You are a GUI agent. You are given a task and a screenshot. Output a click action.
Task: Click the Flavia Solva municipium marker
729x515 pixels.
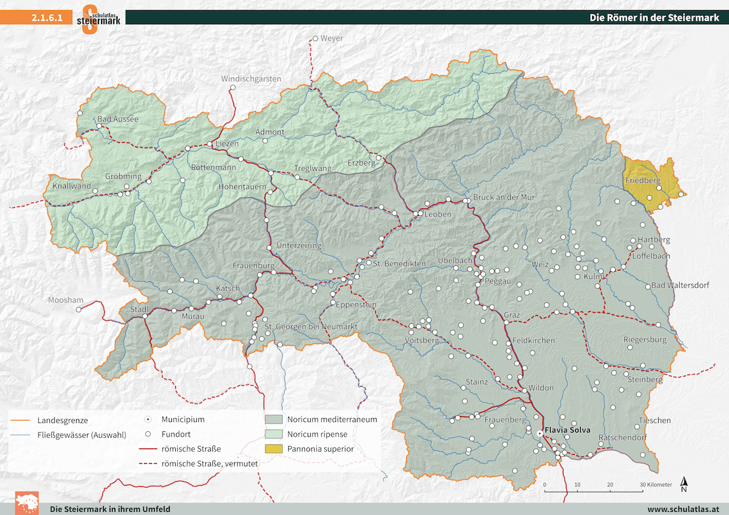click(540, 433)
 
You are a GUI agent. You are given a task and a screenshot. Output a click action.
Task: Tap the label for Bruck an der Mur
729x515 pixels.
click(503, 197)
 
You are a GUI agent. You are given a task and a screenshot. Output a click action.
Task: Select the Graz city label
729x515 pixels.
click(512, 316)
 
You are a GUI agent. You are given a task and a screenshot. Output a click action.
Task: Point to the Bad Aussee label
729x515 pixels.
click(118, 119)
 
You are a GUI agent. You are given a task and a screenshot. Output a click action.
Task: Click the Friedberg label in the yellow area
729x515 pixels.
click(642, 181)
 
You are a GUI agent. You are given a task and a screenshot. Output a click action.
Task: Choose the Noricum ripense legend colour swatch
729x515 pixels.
click(274, 434)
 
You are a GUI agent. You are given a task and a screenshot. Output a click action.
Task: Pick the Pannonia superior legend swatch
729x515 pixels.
click(274, 449)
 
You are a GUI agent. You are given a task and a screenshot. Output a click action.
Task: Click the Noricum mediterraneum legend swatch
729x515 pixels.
click(274, 420)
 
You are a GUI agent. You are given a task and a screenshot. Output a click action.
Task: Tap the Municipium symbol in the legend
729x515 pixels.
click(148, 420)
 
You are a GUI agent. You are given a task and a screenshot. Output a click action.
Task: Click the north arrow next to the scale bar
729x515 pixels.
click(684, 485)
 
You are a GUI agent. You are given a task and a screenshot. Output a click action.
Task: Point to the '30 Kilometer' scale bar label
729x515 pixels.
click(656, 485)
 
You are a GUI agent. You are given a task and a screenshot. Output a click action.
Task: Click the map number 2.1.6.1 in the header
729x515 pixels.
click(47, 18)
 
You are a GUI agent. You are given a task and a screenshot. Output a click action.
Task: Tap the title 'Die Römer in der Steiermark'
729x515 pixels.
click(654, 18)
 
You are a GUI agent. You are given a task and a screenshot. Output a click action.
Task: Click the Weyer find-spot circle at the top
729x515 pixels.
click(315, 38)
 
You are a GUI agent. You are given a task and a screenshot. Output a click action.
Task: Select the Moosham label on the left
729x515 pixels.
click(65, 300)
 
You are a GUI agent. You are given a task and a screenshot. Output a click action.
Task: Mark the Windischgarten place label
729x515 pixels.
click(251, 79)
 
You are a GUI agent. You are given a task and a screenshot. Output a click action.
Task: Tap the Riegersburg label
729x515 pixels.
click(645, 340)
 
